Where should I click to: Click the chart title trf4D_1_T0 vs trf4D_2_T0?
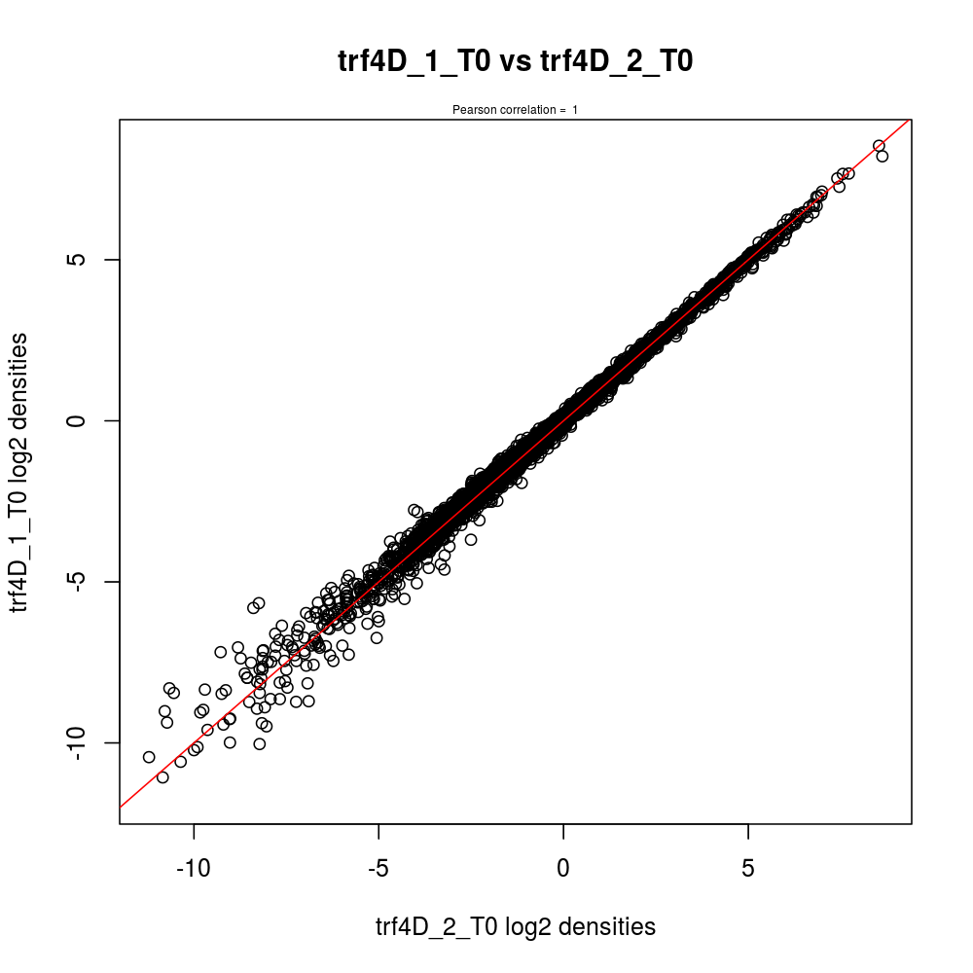tap(515, 62)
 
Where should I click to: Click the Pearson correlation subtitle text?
tap(515, 110)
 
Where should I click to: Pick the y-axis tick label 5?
tap(84, 260)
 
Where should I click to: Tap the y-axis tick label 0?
tap(84, 420)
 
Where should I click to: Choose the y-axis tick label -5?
tap(84, 581)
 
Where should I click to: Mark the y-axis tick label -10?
tap(84, 742)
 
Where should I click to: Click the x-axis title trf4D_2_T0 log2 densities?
tap(515, 927)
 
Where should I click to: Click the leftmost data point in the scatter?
tap(149, 757)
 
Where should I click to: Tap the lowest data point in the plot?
tap(162, 777)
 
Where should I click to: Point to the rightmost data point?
tap(883, 156)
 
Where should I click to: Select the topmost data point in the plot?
tap(879, 146)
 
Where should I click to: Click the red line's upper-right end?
tap(910, 120)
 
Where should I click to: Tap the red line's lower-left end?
tap(121, 807)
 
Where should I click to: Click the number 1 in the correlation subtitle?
tap(575, 110)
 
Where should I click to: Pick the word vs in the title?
tap(516, 62)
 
